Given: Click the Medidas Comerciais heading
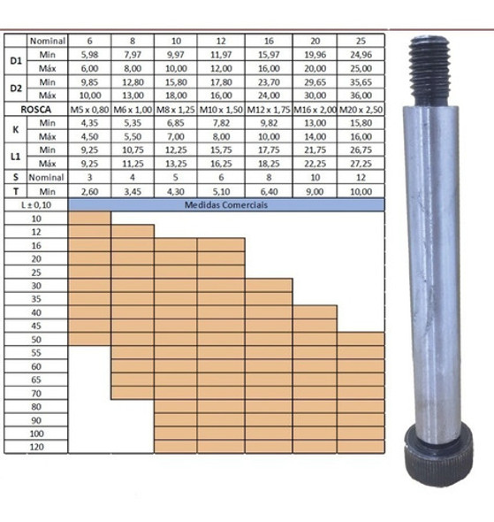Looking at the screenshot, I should (x=225, y=204).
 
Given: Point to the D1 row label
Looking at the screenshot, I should (x=14, y=61).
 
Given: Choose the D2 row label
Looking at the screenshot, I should (x=14, y=88).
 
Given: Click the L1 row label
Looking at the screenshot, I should (x=14, y=157).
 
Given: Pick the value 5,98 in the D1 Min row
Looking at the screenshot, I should (x=89, y=54).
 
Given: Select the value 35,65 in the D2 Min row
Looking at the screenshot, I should (x=361, y=81).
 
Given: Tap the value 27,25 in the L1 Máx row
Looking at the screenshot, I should (x=361, y=164).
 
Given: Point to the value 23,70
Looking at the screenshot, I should (x=268, y=81).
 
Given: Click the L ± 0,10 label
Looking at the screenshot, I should (x=35, y=204).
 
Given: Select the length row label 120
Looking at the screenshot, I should (x=35, y=447).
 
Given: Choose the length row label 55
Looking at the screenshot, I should (x=35, y=353).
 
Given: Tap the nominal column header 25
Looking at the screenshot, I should (x=361, y=40).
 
